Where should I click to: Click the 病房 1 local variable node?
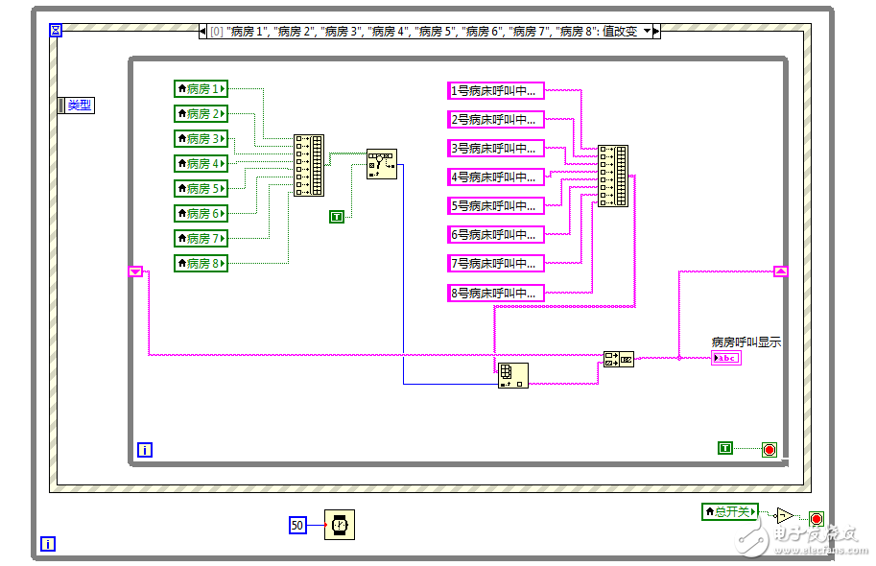pyautogui.click(x=201, y=89)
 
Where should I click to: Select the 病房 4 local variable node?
pyautogui.click(x=201, y=164)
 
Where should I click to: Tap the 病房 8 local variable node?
pyautogui.click(x=201, y=264)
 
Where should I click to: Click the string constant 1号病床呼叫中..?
pyautogui.click(x=495, y=91)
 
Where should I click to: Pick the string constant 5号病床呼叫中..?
pyautogui.click(x=495, y=206)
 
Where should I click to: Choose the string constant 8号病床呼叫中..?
pyautogui.click(x=495, y=293)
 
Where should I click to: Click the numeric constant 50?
pyautogui.click(x=297, y=525)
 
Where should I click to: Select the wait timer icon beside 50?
pyautogui.click(x=339, y=525)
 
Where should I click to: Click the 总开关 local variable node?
pyautogui.click(x=730, y=512)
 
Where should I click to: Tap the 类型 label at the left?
pyautogui.click(x=76, y=106)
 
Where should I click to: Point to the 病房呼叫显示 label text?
pyautogui.click(x=746, y=342)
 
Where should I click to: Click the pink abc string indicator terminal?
pyautogui.click(x=726, y=358)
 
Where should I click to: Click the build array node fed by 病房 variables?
pyautogui.click(x=308, y=165)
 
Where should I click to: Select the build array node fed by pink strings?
pyautogui.click(x=613, y=176)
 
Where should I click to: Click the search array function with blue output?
pyautogui.click(x=381, y=164)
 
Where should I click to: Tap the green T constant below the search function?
pyautogui.click(x=336, y=217)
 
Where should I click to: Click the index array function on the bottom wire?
pyautogui.click(x=512, y=375)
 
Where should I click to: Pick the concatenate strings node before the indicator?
pyautogui.click(x=618, y=360)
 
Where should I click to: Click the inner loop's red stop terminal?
pyautogui.click(x=769, y=449)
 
